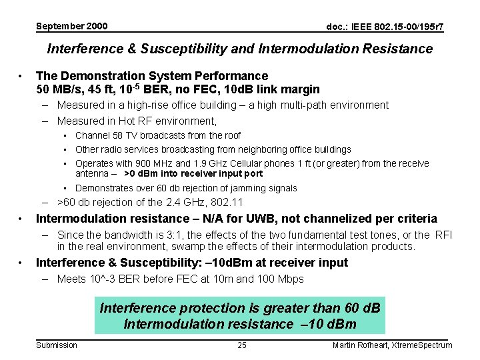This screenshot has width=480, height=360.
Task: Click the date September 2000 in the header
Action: tap(71, 26)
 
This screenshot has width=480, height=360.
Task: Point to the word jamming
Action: tap(249, 188)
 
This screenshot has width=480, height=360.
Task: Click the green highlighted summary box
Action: tap(239, 316)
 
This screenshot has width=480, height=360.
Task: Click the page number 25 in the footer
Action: tap(242, 345)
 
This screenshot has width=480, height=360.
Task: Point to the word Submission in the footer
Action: tap(57, 345)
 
